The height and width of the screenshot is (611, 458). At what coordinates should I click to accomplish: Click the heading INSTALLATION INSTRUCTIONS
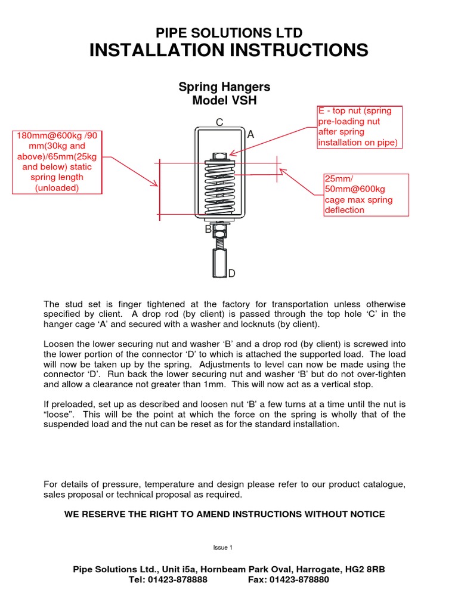click(x=229, y=51)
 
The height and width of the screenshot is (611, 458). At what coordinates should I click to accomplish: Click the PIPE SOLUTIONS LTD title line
click(x=229, y=33)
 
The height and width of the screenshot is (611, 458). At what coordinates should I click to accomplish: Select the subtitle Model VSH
click(x=224, y=100)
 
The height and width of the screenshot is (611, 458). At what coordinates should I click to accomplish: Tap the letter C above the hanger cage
click(x=219, y=123)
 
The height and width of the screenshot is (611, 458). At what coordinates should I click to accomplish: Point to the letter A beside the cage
click(x=250, y=135)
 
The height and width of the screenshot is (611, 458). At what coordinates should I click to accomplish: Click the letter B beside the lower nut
click(x=208, y=228)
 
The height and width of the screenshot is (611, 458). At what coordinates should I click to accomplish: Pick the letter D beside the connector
click(x=232, y=273)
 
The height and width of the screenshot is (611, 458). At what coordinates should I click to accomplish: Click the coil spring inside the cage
click(x=219, y=188)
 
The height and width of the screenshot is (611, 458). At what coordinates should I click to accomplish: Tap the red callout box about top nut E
click(x=359, y=126)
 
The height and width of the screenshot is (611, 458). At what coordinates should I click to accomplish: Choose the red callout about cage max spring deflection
click(x=366, y=195)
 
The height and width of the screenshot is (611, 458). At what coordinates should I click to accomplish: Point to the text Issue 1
click(x=222, y=547)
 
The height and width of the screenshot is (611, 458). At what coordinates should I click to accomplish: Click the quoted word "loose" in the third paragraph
click(x=60, y=414)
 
